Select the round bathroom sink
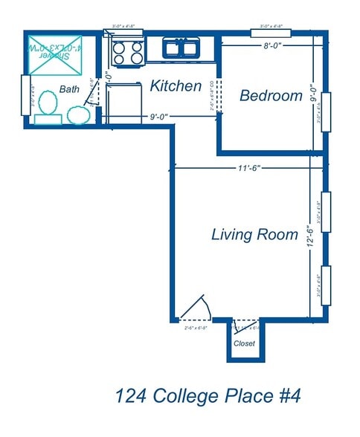pyautogui.click(x=78, y=115)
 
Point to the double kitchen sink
pyautogui.click(x=181, y=50)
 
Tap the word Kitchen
pyautogui.click(x=176, y=86)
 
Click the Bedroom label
pyautogui.click(x=271, y=96)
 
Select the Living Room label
pyautogui.click(x=254, y=235)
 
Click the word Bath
pyautogui.click(x=70, y=89)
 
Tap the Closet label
pyautogui.click(x=245, y=343)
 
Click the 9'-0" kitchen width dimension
pyautogui.click(x=161, y=116)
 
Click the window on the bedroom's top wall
pyautogui.click(x=271, y=32)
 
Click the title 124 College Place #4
pyautogui.click(x=208, y=395)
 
